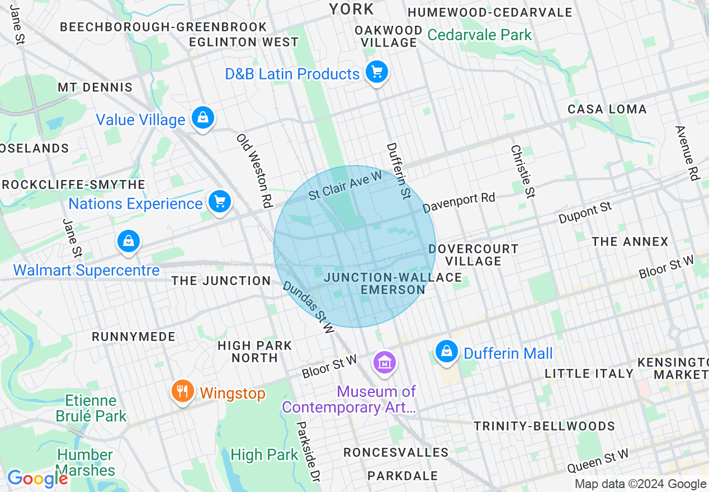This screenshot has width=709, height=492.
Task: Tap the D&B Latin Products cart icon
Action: (x=377, y=72)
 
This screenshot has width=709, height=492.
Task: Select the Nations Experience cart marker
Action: (x=219, y=202)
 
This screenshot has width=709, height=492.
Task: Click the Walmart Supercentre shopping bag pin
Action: (x=129, y=242)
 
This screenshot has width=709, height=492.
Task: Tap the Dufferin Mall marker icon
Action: (x=446, y=352)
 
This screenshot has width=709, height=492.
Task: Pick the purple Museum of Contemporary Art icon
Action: (x=385, y=363)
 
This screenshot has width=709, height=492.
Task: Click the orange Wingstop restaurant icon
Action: (x=182, y=391)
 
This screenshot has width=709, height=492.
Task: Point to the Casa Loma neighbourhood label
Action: (x=607, y=109)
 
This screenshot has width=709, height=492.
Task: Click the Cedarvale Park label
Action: (x=479, y=35)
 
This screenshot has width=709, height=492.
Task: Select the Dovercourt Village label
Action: (x=474, y=254)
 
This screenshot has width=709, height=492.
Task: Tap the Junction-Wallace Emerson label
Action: (x=393, y=283)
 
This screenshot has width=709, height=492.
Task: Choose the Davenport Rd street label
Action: (x=459, y=203)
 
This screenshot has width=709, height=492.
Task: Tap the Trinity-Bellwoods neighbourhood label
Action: (x=544, y=426)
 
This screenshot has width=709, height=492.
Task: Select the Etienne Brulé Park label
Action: (x=91, y=408)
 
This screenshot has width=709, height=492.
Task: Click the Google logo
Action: (x=37, y=479)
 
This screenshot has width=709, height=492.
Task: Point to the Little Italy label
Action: (x=589, y=373)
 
